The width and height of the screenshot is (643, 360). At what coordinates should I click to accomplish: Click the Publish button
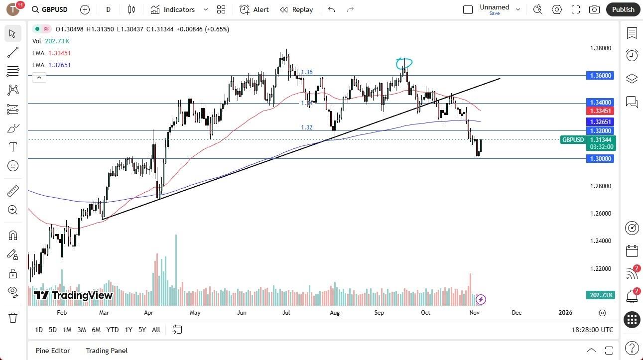623,9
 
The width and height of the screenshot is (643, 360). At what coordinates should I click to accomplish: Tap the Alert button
255,9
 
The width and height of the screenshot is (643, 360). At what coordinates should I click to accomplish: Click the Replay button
296,9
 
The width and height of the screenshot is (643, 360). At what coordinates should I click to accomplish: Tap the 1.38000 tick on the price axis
601,48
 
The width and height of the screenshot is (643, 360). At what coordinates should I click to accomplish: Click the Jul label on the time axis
286,313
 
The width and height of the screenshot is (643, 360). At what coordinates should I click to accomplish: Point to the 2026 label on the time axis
565,313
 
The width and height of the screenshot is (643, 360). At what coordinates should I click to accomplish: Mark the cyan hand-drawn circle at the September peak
404,63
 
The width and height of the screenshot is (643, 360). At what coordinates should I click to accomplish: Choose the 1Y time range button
129,330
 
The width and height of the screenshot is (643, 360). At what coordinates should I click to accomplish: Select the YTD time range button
113,330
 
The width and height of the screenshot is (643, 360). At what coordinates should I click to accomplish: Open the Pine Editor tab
53,351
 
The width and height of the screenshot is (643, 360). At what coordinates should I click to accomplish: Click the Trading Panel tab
107,351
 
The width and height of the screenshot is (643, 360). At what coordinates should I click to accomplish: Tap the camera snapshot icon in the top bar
594,9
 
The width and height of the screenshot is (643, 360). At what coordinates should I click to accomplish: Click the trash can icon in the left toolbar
13,318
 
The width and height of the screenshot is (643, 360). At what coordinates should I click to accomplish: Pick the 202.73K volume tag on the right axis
602,295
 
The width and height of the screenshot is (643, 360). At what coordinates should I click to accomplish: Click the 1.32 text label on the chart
307,127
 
